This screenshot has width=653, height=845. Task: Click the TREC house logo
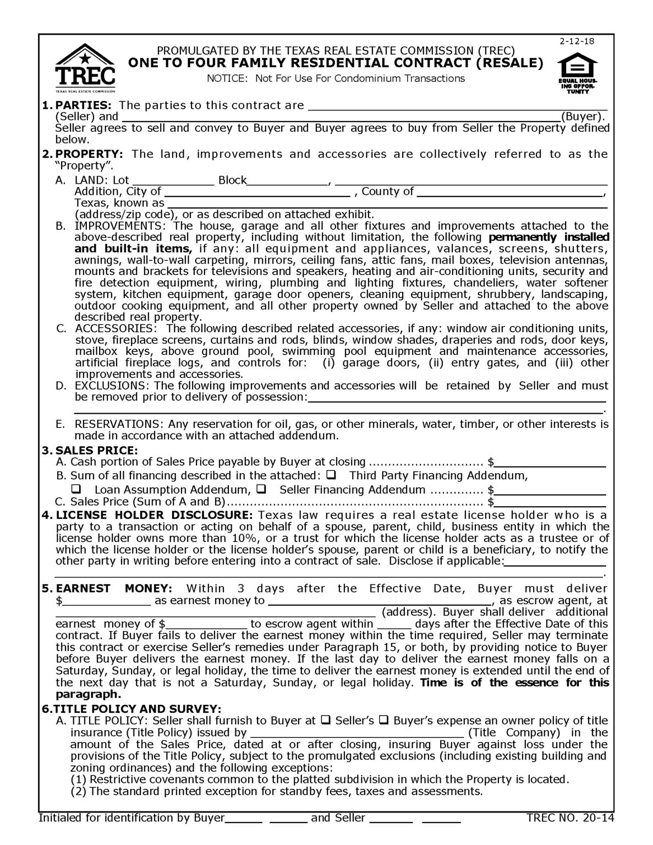pyautogui.click(x=85, y=68)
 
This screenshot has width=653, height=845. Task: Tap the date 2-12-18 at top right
pyautogui.click(x=577, y=42)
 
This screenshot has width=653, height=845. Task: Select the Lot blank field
pyautogui.click(x=173, y=180)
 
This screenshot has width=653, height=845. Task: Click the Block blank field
pyautogui.click(x=287, y=180)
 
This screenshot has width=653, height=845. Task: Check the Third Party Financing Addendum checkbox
pyautogui.click(x=332, y=475)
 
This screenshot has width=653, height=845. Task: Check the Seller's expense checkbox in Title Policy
pyautogui.click(x=326, y=720)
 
